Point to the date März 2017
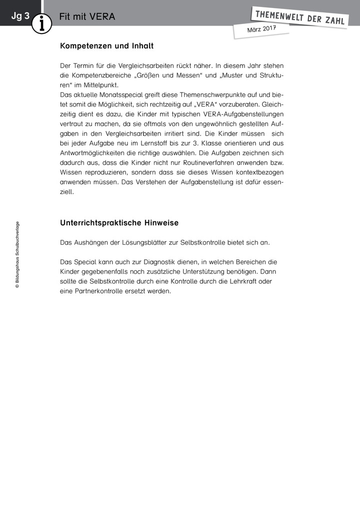261,30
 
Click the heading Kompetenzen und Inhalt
106,46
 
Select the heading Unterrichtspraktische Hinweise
119,223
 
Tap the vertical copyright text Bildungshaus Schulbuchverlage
17,254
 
